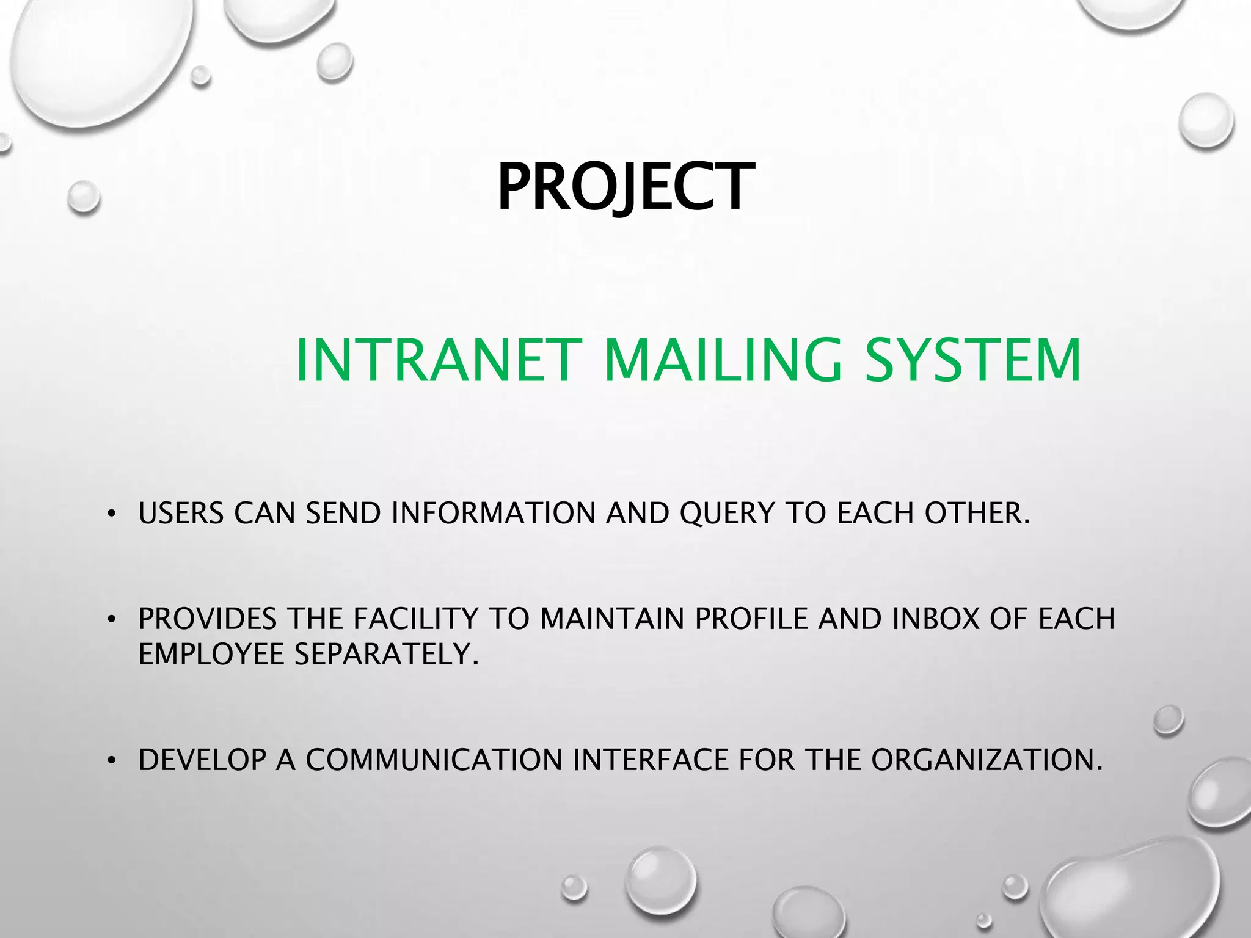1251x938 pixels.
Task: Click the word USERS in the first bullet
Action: point(181,513)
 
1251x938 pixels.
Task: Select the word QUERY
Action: point(727,513)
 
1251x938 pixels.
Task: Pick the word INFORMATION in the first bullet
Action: point(493,513)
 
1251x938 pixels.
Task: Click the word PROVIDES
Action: point(208,619)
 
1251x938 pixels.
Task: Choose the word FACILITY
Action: point(415,619)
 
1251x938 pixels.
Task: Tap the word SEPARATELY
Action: point(386,654)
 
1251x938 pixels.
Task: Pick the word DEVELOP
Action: point(202,760)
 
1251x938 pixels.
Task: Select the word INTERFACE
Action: point(650,760)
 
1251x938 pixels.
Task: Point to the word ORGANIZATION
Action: point(986,760)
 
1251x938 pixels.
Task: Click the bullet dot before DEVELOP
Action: point(111,761)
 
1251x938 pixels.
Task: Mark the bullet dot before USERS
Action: point(111,514)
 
